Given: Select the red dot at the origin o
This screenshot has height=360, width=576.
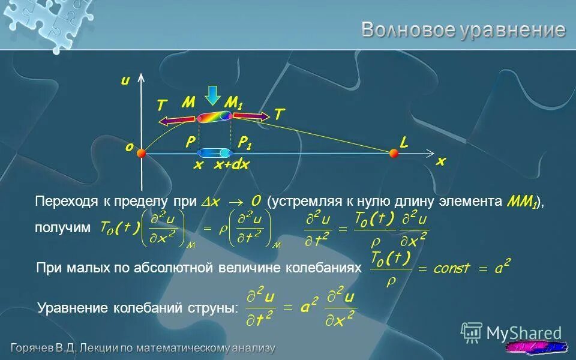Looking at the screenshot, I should (141, 154).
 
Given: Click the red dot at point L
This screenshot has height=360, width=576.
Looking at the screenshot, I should (394, 154).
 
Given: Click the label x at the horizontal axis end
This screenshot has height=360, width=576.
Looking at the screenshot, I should (441, 161).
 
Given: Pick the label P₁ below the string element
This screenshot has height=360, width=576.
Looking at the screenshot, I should (245, 142).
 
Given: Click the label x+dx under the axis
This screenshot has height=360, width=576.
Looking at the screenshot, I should (232, 165).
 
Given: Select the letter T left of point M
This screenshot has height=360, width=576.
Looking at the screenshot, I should (161, 106).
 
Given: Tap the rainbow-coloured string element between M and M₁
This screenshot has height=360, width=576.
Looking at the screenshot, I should (214, 116).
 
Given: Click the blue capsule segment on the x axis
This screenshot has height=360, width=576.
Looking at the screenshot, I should (214, 153).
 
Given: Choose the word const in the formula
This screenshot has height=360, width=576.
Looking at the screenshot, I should (452, 268).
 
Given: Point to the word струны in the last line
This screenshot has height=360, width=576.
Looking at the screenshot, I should (214, 308).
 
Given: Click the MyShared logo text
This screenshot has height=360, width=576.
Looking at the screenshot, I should (524, 333).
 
